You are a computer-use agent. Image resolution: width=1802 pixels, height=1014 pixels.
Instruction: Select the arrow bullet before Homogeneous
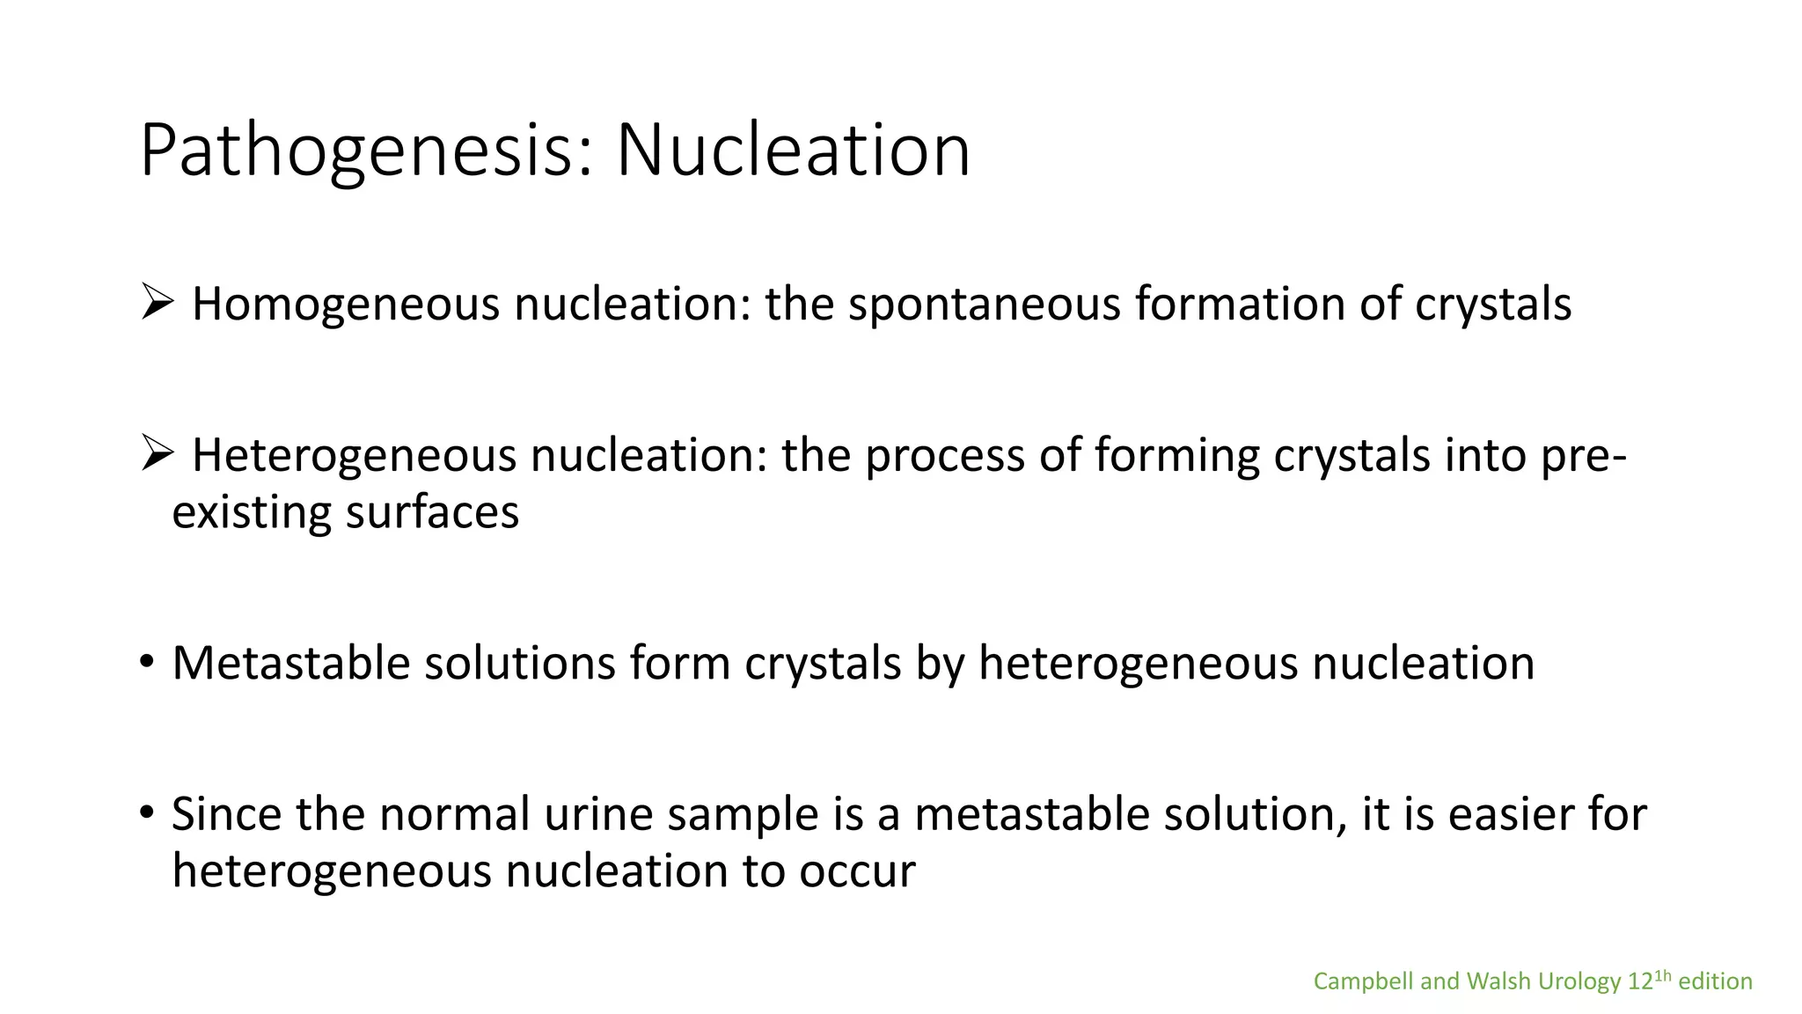pos(156,304)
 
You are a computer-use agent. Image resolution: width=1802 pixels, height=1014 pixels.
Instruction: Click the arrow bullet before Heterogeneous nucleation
pos(156,455)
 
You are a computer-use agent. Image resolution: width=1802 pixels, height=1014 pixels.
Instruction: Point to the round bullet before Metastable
pos(147,661)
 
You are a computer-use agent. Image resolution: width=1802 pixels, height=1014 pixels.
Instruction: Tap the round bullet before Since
pos(147,812)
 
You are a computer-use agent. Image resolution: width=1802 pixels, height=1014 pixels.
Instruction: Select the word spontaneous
pos(983,305)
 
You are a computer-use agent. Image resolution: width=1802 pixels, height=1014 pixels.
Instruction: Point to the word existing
pos(252,512)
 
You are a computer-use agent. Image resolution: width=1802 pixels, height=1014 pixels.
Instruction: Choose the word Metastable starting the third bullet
pos(290,663)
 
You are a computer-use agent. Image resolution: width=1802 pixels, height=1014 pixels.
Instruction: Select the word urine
pos(597,814)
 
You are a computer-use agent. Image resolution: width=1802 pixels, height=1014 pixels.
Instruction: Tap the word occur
pos(857,871)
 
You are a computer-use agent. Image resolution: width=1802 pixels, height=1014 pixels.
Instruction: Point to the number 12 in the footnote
pos(1640,981)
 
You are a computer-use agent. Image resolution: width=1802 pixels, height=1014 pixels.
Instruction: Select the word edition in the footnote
pos(1715,981)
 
